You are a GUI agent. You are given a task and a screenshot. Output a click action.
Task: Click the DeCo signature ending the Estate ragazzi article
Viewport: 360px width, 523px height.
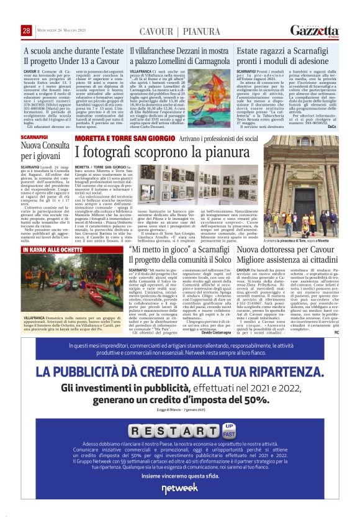point(331,109)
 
